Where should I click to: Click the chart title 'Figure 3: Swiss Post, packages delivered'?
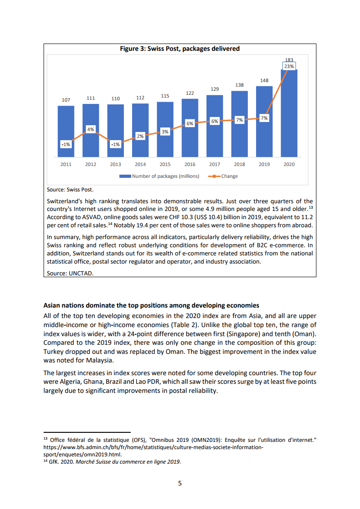(179, 49)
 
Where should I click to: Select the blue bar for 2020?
(289, 118)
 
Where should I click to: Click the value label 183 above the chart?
(289, 60)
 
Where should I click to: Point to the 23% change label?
(289, 66)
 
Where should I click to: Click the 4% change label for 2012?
(91, 129)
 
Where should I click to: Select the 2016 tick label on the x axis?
(190, 164)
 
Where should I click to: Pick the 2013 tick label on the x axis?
(116, 164)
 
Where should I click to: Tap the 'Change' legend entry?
(229, 176)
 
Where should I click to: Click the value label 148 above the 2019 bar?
(264, 80)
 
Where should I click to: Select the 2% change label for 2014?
(140, 136)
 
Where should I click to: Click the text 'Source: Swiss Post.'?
(70, 190)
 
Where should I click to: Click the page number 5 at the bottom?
(180, 483)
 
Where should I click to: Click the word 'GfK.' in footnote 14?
(54, 462)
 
